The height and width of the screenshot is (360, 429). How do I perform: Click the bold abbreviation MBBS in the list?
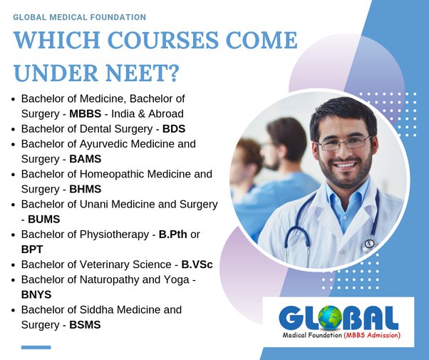[x=85, y=114]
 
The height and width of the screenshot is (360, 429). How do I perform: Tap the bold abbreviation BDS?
[x=174, y=129]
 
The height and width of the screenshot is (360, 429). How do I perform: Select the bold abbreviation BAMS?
[x=85, y=159]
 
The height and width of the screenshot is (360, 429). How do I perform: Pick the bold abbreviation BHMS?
[x=85, y=189]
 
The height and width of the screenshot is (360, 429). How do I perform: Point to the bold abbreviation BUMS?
[x=43, y=220]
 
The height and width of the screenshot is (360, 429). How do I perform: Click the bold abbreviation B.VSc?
[x=197, y=264]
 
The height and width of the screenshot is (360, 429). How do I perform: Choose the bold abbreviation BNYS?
[x=36, y=295]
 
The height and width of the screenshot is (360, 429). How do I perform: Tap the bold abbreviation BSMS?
[x=85, y=325]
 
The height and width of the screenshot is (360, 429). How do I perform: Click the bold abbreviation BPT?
[x=32, y=250]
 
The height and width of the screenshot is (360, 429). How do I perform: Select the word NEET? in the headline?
[x=143, y=73]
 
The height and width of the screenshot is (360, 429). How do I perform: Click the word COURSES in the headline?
[x=163, y=40]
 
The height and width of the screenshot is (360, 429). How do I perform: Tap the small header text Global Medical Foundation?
[x=79, y=17]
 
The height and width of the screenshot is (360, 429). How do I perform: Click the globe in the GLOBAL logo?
[x=330, y=317]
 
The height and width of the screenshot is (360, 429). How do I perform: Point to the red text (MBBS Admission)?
[x=372, y=335]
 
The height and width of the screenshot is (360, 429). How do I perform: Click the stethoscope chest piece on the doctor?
[x=369, y=245]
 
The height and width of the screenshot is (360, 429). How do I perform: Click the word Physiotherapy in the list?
[x=114, y=235]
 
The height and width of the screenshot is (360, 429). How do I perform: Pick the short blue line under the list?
[x=36, y=347]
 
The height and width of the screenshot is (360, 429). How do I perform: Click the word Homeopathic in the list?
[x=112, y=175]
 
